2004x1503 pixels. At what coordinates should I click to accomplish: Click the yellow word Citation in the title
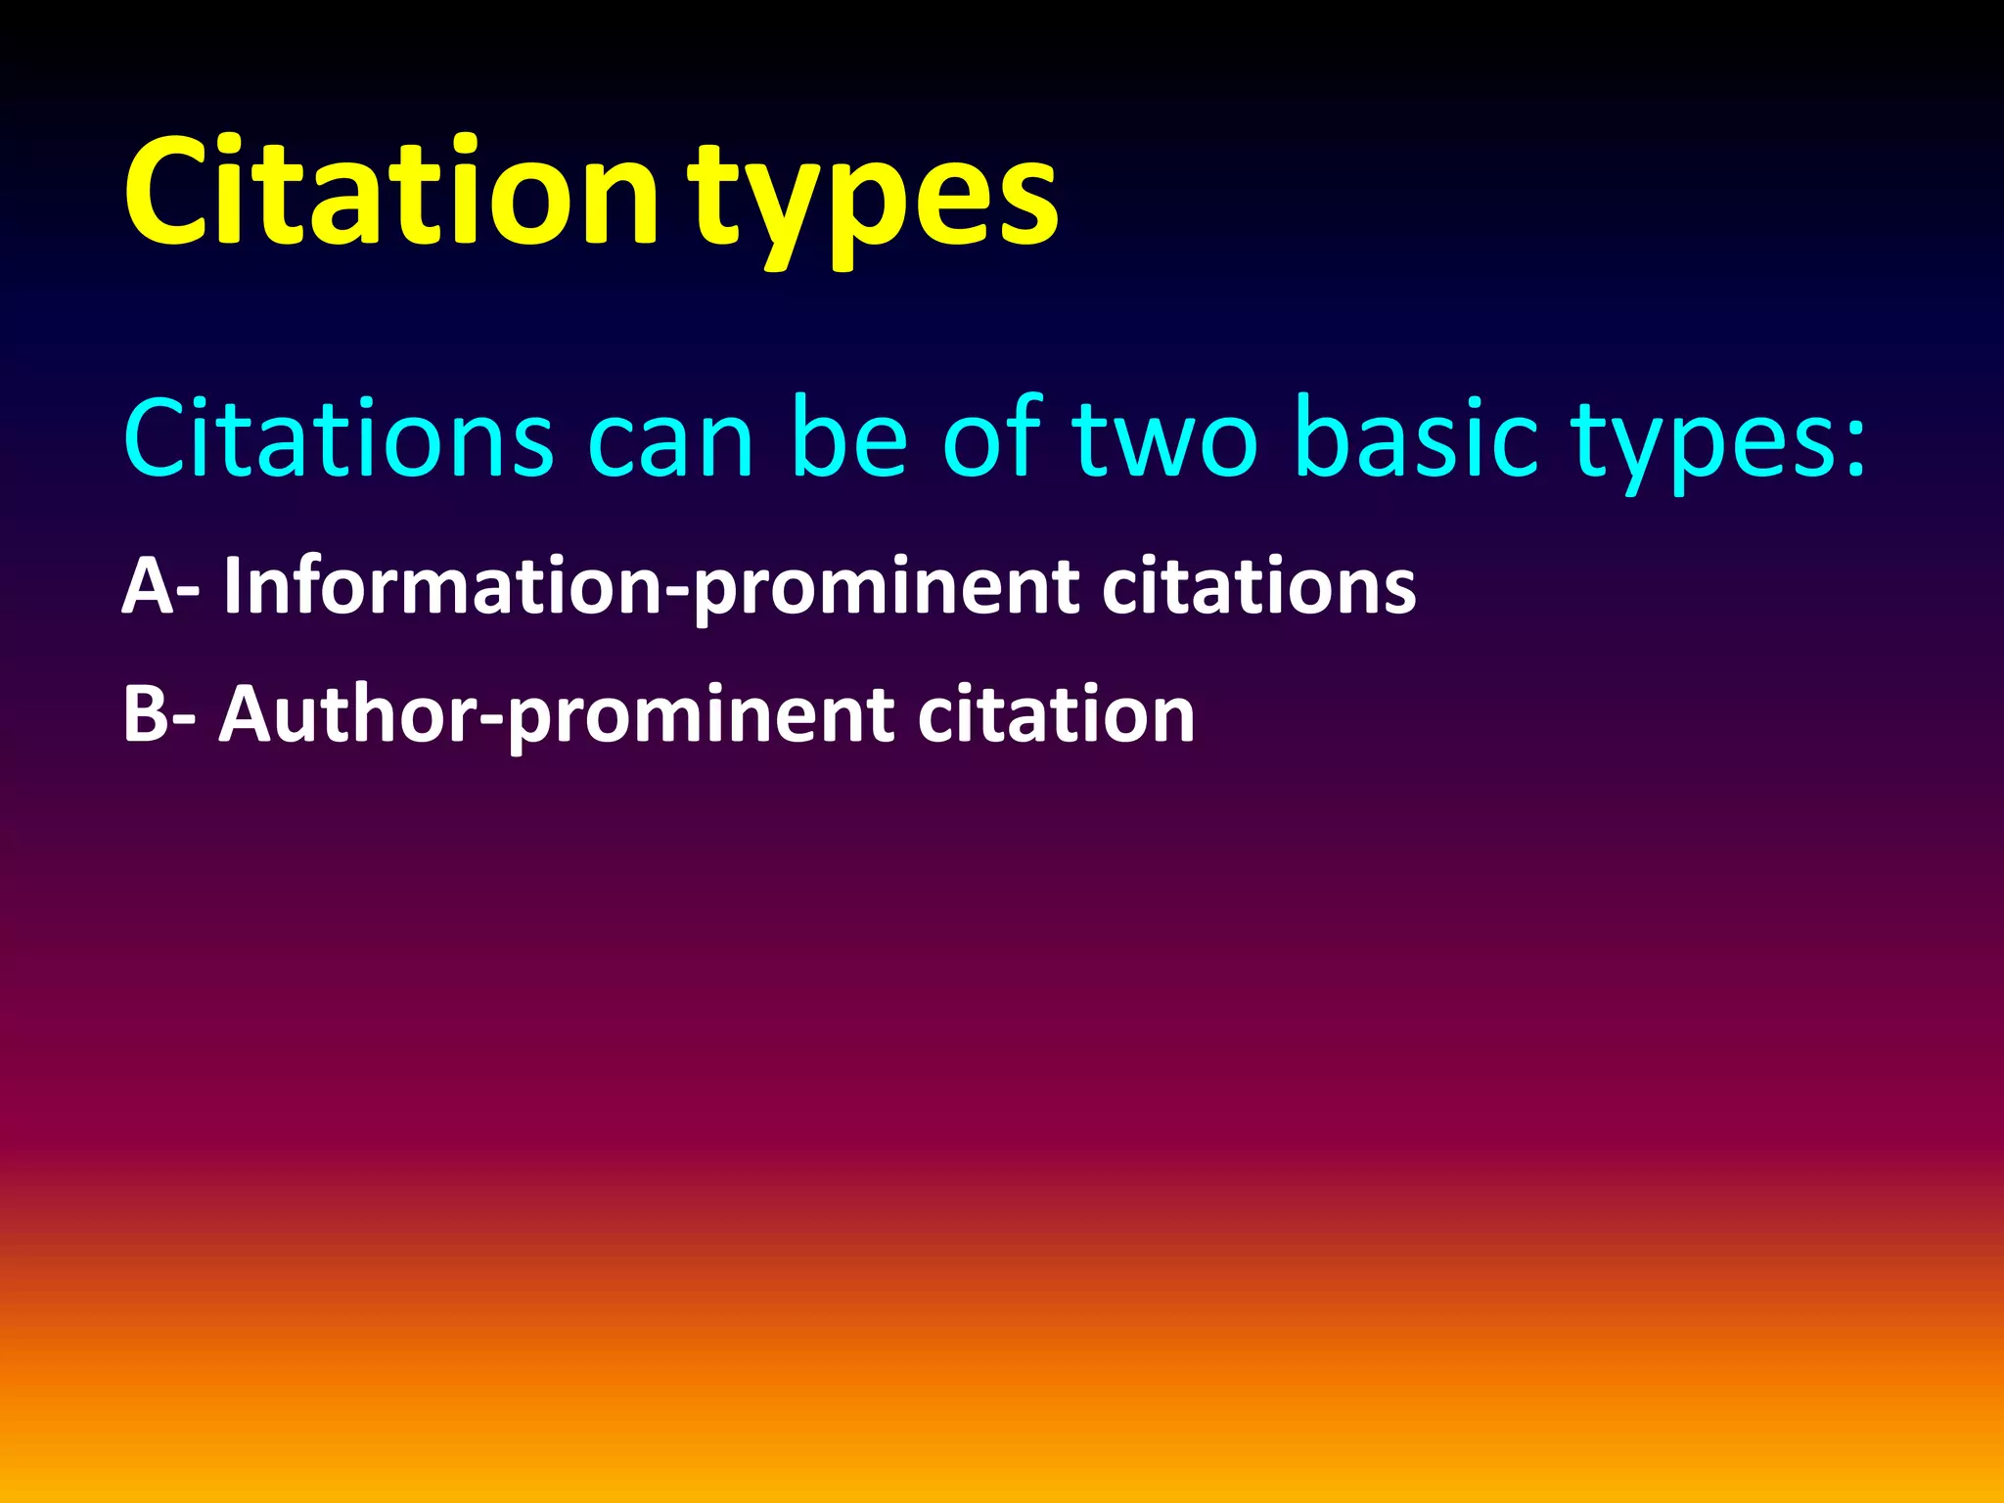[391, 191]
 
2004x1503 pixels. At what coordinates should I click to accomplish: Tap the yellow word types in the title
[873, 201]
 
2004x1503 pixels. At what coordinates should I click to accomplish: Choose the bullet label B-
[159, 714]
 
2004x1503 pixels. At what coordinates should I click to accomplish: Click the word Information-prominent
[652, 587]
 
